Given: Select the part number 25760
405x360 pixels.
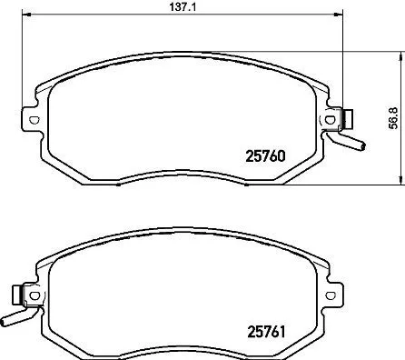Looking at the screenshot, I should [x=267, y=155].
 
